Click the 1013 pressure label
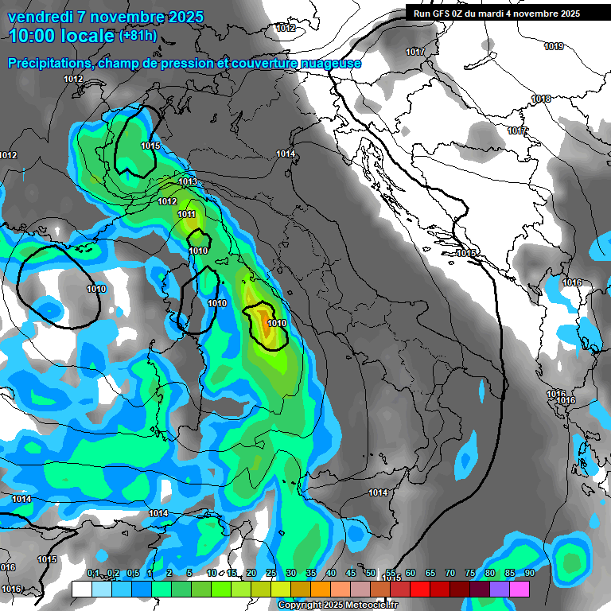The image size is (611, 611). click(x=188, y=182)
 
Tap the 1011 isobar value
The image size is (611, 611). click(x=187, y=215)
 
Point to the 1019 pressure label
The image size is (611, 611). click(x=554, y=47)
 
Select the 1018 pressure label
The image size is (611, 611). click(x=541, y=99)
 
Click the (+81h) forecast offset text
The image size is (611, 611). click(x=138, y=35)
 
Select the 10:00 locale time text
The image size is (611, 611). click(x=60, y=36)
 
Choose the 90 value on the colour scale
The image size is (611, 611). click(x=529, y=573)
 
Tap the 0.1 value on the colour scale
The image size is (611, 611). click(x=93, y=573)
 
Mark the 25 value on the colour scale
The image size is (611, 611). click(x=271, y=573)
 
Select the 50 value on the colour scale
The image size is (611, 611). click(x=371, y=573)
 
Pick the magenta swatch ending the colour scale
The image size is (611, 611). click(x=520, y=589)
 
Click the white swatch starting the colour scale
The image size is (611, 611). click(x=81, y=589)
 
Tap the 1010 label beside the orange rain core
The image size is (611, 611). click(x=277, y=324)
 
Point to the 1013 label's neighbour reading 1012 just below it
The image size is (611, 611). click(x=167, y=202)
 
